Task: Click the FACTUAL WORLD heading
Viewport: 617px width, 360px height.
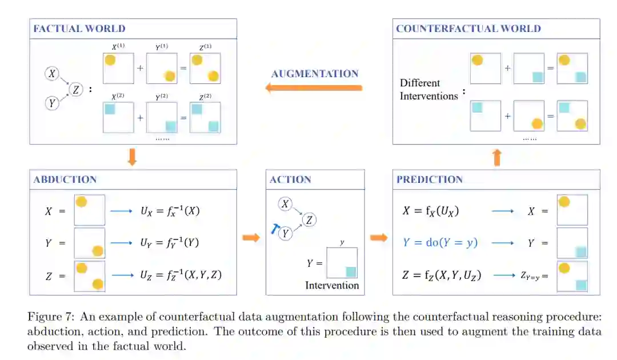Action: click(x=79, y=29)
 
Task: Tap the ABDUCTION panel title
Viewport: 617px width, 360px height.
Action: click(x=65, y=179)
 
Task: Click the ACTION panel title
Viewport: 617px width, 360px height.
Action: click(x=291, y=179)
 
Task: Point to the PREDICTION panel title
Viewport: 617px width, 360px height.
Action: click(x=429, y=179)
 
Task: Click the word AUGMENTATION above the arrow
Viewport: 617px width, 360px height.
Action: click(x=315, y=74)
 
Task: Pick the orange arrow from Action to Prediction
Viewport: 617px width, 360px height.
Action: click(x=378, y=237)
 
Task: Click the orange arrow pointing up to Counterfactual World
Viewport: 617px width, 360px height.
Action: click(x=496, y=157)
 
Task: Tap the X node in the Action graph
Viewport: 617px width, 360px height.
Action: click(x=286, y=204)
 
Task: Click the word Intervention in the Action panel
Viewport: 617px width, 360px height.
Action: click(x=332, y=285)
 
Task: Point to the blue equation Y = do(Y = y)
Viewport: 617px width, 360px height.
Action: click(x=440, y=243)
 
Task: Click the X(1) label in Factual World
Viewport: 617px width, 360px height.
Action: click(x=118, y=46)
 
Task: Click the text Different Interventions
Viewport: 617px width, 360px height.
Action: click(x=428, y=90)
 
